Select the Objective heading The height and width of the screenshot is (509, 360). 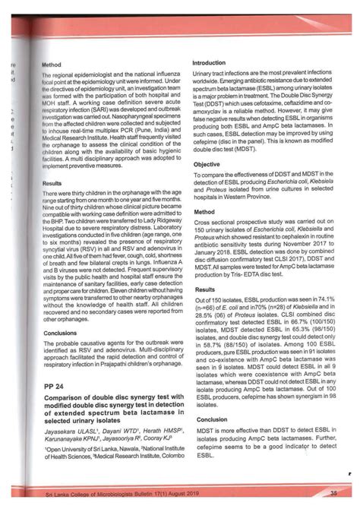click(207, 164)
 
